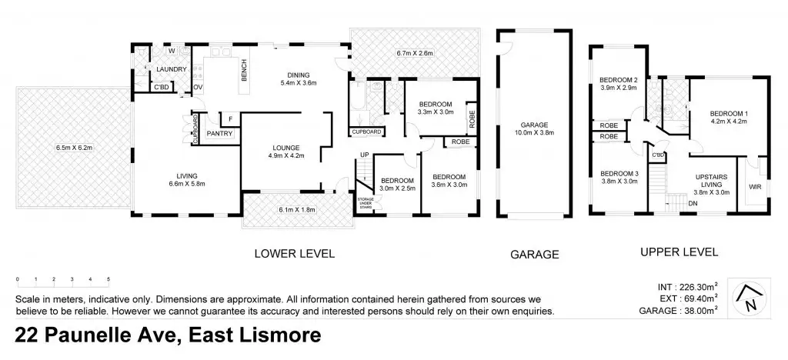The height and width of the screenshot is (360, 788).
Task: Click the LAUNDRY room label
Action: coord(172,69)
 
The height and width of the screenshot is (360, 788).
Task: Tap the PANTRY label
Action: coord(219,134)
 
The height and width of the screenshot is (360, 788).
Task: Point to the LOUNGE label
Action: coord(286,148)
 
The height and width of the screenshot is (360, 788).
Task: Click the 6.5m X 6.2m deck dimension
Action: coord(75,148)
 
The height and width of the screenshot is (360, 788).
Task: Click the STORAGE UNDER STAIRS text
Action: coord(366,202)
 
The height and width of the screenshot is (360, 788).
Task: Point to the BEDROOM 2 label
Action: coord(619,80)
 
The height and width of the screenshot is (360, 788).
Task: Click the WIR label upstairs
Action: coord(755,187)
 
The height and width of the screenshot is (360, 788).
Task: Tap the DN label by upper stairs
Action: coord(693,203)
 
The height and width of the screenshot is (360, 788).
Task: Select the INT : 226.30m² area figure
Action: coord(687,287)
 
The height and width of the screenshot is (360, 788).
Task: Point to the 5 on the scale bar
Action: coord(109,279)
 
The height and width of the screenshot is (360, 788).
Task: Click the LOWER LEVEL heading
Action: coord(295,253)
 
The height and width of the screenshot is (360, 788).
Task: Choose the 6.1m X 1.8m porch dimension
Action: coord(298,210)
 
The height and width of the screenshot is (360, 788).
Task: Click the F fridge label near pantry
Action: coord(230,119)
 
